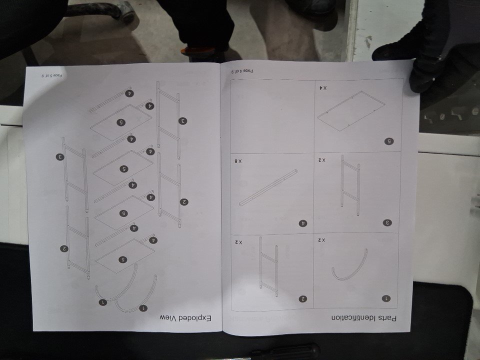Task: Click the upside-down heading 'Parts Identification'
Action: [x=363, y=318]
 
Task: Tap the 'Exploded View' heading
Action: [x=185, y=318]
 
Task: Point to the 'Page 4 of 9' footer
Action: [x=242, y=71]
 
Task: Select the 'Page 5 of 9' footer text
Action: [x=51, y=75]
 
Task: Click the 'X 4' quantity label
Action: [x=322, y=88]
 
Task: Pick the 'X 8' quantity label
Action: [x=238, y=161]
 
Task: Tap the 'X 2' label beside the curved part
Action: [x=321, y=240]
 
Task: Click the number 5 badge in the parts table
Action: [x=389, y=141]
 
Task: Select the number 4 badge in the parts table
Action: [x=303, y=223]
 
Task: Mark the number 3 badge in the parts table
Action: [x=387, y=223]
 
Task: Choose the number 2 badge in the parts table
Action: [x=303, y=299]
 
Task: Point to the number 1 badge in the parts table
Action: [x=386, y=298]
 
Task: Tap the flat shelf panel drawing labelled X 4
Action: [x=351, y=111]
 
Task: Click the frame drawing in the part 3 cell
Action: [x=350, y=185]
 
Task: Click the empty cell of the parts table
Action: [x=272, y=117]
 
